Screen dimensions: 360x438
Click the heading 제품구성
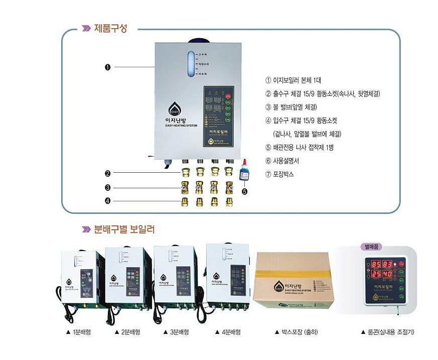coord(110,29)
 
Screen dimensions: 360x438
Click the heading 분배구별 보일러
coord(124,229)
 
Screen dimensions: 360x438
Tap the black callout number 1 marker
coord(107,67)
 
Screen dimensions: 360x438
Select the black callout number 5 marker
coord(245,190)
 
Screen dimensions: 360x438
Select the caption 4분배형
coord(228,332)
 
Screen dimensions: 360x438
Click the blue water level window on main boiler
coord(191,64)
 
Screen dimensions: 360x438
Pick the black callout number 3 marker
coord(107,188)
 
